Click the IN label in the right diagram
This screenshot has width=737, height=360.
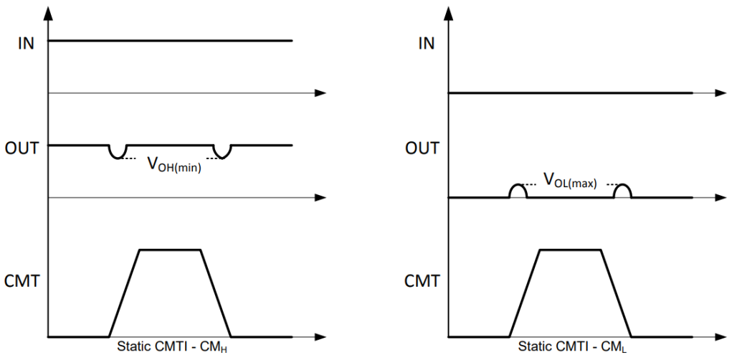click(427, 43)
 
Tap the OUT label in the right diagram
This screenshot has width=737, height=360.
click(423, 148)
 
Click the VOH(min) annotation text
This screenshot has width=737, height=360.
click(173, 165)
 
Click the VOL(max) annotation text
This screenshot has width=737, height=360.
click(570, 180)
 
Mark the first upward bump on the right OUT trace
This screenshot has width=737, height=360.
click(518, 190)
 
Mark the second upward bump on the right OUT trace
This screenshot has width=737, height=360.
click(622, 190)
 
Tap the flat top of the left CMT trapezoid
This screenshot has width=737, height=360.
click(170, 250)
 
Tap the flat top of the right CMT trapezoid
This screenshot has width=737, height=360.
click(570, 250)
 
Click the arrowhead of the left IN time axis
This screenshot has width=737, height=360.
click(320, 93)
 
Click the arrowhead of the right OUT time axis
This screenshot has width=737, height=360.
click(721, 197)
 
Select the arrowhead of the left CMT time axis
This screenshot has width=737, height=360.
click(320, 336)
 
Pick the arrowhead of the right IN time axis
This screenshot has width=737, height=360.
click(721, 93)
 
